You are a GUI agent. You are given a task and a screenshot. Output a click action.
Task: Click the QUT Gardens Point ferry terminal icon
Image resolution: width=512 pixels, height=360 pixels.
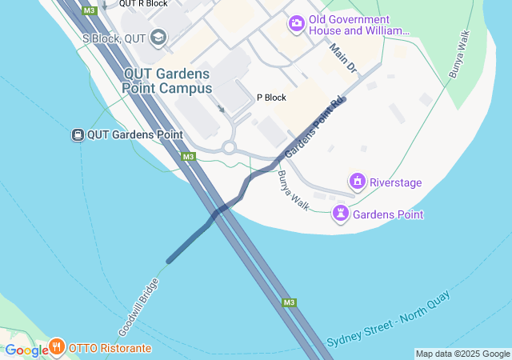78,134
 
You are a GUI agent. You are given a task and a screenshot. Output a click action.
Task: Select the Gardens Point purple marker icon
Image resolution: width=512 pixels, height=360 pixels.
342,214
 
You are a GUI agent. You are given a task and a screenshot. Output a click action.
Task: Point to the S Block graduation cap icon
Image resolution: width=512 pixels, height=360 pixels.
158,37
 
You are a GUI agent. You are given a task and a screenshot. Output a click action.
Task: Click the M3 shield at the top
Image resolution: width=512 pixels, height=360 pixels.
90,11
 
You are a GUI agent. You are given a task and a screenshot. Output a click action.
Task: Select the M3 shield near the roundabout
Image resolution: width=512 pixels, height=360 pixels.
188,157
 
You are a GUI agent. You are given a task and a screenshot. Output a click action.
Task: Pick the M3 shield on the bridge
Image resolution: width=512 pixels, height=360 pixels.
289,302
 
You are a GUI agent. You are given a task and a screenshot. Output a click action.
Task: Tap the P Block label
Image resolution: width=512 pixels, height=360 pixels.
271,98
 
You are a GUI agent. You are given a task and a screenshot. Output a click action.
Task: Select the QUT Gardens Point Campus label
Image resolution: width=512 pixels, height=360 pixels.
168,81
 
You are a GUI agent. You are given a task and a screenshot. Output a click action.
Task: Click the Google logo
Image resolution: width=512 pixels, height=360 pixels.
26,350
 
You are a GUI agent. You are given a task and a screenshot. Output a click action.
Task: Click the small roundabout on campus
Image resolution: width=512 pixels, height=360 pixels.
230,147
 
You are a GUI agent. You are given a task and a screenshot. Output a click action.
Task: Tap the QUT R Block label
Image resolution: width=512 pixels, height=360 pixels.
143,4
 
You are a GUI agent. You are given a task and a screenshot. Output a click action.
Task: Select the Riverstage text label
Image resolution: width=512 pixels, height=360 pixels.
396,182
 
